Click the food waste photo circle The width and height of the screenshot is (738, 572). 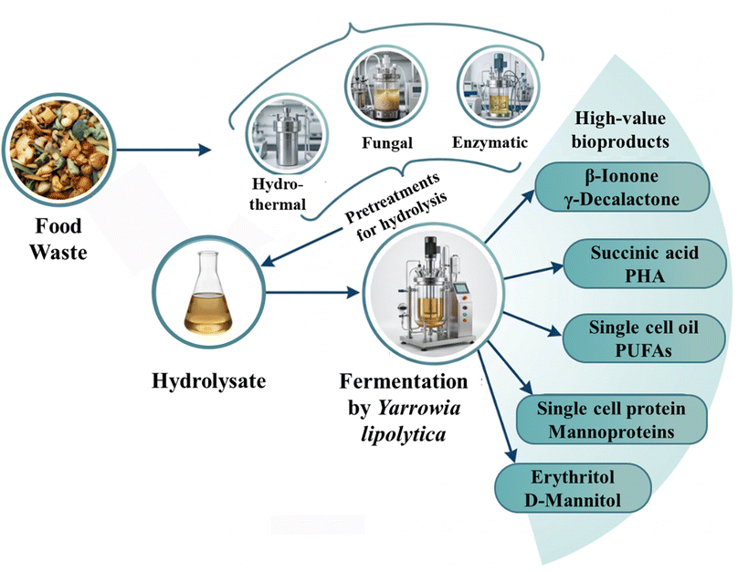pyautogui.click(x=58, y=150)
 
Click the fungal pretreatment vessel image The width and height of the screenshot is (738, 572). pyautogui.click(x=386, y=88)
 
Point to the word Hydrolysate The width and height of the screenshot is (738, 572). pyautogui.click(x=208, y=380)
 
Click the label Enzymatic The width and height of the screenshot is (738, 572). pyautogui.click(x=490, y=142)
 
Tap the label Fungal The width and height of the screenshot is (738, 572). pyautogui.click(x=387, y=143)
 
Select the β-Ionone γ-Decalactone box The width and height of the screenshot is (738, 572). pyautogui.click(x=622, y=187)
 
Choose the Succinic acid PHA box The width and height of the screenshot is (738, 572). pyautogui.click(x=644, y=264)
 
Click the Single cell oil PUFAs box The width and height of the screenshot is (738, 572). pyautogui.click(x=643, y=338)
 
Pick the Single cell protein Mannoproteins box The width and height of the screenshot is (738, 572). pyautogui.click(x=611, y=420)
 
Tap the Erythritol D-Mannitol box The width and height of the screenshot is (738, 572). pyautogui.click(x=573, y=488)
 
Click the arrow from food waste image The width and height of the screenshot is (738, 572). pyautogui.click(x=163, y=150)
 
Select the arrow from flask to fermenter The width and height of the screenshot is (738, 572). pyautogui.click(x=312, y=293)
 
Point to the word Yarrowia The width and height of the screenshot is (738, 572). pyautogui.click(x=419, y=407)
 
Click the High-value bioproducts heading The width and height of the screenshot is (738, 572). pyautogui.click(x=620, y=130)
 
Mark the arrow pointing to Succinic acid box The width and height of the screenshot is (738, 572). pyautogui.click(x=533, y=273)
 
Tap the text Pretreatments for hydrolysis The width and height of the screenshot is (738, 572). pyautogui.click(x=395, y=207)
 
